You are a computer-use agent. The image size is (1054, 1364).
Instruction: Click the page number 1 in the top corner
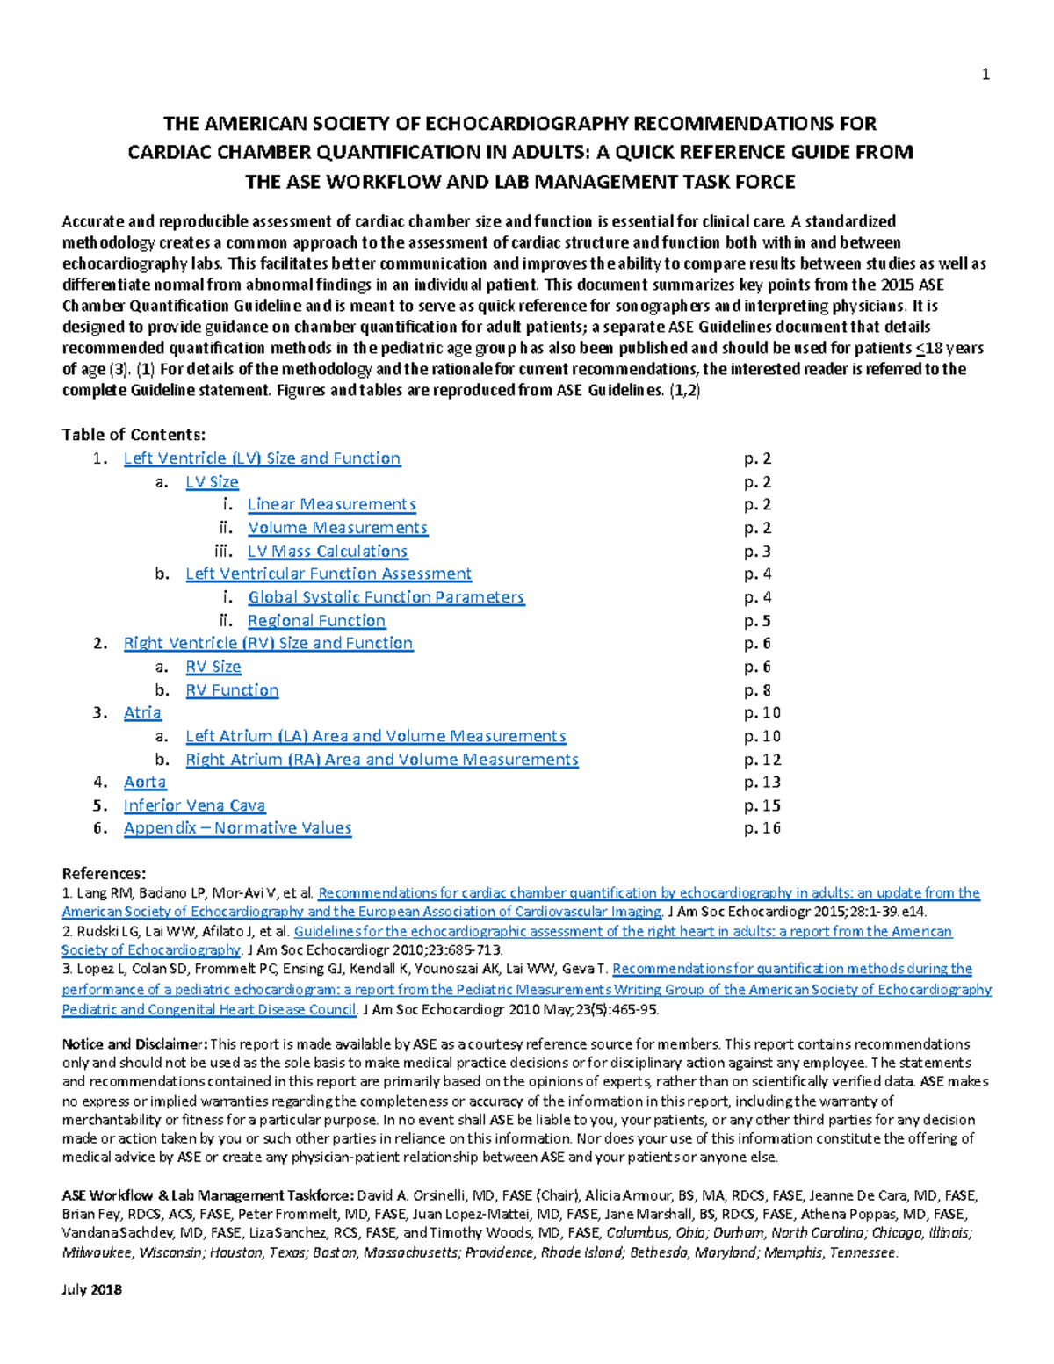[x=985, y=75]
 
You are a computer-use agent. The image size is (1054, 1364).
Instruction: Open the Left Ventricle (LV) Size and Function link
[x=262, y=458]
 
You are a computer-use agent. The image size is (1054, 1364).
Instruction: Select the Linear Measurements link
[x=331, y=504]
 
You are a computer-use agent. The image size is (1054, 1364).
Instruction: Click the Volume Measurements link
[x=337, y=528]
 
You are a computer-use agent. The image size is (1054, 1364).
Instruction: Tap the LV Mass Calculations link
[x=328, y=552]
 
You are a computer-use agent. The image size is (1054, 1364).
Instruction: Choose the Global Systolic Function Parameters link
[x=386, y=597]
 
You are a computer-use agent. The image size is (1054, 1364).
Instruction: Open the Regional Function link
[x=316, y=621]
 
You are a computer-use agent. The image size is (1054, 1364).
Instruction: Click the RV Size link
[x=213, y=667]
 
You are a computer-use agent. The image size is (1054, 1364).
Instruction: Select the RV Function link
[x=232, y=690]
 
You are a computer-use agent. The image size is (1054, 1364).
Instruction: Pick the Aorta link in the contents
[x=145, y=782]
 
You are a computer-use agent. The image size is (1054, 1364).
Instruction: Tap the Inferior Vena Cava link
[x=194, y=805]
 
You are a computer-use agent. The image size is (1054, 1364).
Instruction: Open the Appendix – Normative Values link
[x=237, y=828]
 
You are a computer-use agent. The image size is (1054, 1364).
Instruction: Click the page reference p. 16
[x=762, y=828]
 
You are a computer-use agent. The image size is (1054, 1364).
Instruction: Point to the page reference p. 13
[x=762, y=782]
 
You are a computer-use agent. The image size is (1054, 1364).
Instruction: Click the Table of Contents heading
[x=134, y=435]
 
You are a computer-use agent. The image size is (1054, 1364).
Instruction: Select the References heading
[x=104, y=874]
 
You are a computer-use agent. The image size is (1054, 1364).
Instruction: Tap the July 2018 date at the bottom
[x=91, y=1289]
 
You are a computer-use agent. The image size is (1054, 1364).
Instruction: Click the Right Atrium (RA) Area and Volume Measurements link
[x=381, y=760]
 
